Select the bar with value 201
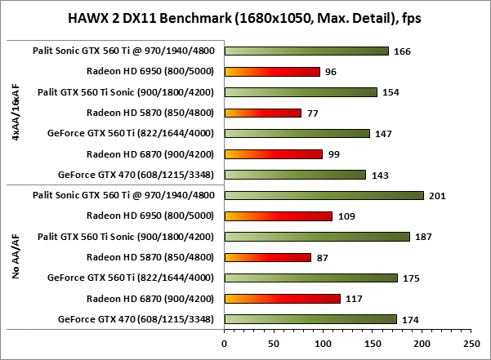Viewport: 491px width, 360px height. (x=324, y=195)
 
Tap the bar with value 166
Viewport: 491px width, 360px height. (x=306, y=51)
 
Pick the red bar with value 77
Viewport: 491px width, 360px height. (x=262, y=113)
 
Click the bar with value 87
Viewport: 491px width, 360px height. (x=267, y=257)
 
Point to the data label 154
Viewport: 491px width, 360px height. (x=391, y=92)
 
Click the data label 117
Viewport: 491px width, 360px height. (x=354, y=299)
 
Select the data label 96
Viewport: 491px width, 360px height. (x=332, y=72)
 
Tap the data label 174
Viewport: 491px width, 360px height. (x=411, y=319)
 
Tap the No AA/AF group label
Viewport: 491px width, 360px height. (x=16, y=257)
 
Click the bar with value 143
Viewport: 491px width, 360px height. (x=294, y=174)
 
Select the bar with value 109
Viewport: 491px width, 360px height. (x=278, y=216)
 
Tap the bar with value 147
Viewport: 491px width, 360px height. (x=297, y=133)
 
